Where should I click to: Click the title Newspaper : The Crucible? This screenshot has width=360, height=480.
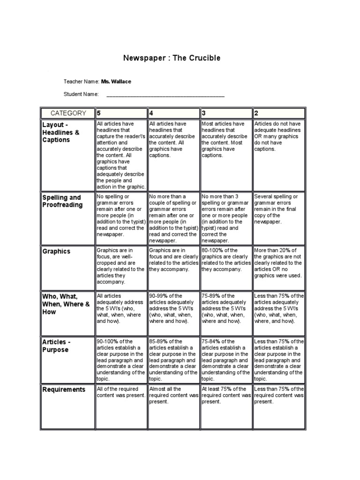pyautogui.click(x=171, y=58)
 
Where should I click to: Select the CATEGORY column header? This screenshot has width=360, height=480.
pyautogui.click(x=68, y=113)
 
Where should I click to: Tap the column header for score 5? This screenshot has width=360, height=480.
pyautogui.click(x=99, y=113)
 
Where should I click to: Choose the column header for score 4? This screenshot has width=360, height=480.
pyautogui.click(x=151, y=113)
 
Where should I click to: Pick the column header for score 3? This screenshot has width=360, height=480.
pyautogui.click(x=204, y=113)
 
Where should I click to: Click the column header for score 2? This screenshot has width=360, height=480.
pyautogui.click(x=256, y=113)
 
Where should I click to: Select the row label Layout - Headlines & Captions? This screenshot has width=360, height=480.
pyautogui.click(x=61, y=132)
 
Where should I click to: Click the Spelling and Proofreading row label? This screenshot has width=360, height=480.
pyautogui.click(x=62, y=201)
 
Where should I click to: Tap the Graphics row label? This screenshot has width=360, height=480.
pyautogui.click(x=56, y=251)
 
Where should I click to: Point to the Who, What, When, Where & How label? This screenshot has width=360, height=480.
pyautogui.click(x=66, y=304)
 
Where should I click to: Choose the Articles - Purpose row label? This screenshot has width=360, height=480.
pyautogui.click(x=55, y=346)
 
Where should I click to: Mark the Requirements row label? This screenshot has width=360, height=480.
pyautogui.click(x=64, y=390)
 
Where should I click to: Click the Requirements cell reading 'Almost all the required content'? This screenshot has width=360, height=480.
pyautogui.click(x=173, y=395)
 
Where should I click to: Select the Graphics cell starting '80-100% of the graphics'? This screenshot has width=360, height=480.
pyautogui.click(x=226, y=260)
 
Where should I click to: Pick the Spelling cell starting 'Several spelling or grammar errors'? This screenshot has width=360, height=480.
pyautogui.click(x=278, y=209)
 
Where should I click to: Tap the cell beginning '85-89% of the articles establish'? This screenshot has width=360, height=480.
pyautogui.click(x=173, y=360)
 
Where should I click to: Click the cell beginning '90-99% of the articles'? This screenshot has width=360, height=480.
pyautogui.click(x=173, y=308)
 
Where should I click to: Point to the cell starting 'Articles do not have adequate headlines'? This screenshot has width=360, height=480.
pyautogui.click(x=278, y=136)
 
